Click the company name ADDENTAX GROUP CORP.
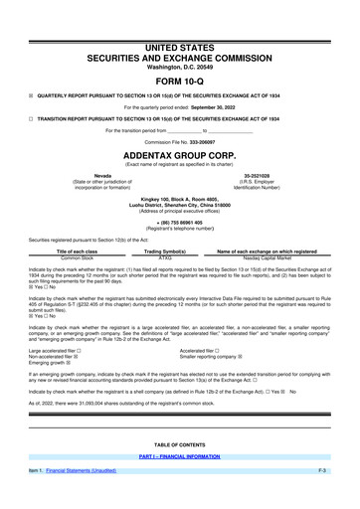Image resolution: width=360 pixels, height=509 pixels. [x=179, y=156]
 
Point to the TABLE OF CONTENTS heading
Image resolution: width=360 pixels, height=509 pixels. [x=179, y=473]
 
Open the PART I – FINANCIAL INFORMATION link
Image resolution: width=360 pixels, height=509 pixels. [x=179, y=484]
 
